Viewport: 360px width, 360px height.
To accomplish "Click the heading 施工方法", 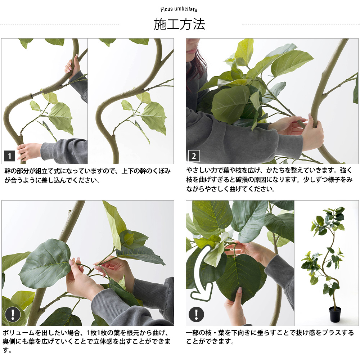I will [x=179, y=24].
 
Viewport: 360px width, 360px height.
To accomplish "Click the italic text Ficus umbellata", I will [x=179, y=10].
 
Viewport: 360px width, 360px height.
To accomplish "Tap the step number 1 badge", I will [x=9, y=156].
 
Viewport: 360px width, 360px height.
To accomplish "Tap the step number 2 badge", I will [x=194, y=156].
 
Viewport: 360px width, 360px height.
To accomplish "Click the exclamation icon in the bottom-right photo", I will [x=196, y=314].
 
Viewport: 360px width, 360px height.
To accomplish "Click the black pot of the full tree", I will [x=335, y=314].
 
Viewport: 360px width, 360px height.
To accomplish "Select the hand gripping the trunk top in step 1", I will [x=72, y=65].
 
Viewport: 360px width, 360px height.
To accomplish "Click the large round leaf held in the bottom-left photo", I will [x=45, y=263].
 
